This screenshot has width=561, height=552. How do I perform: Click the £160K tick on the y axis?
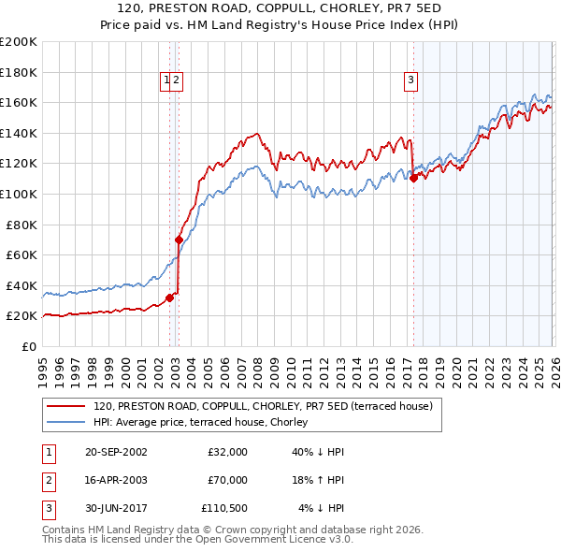pos(19,102)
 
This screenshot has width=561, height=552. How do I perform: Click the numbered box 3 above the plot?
pos(410,81)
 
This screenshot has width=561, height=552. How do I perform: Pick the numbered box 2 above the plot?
pos(176,81)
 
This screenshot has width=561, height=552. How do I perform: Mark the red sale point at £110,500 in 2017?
pos(413,178)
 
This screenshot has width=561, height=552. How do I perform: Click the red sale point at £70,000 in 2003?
pos(179,240)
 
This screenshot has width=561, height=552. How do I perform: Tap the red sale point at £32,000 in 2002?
pos(169,298)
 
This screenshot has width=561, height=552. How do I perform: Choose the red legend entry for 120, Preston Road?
pos(263,407)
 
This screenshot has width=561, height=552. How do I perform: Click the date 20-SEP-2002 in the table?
pos(116,452)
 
